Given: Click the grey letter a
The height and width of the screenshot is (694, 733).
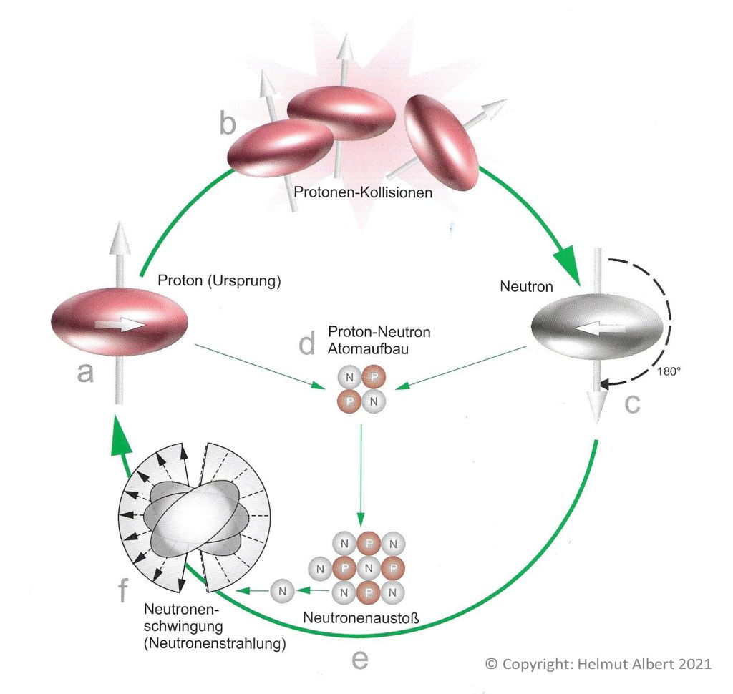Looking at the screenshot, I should pos(86,373).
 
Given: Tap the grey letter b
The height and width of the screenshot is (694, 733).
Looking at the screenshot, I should pos(227,124).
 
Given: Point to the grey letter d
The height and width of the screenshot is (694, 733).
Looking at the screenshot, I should pos(307,346).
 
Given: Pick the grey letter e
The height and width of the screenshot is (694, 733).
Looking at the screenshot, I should pos(360,659).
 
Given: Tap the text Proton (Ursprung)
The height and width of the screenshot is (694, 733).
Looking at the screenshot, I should pos(219,280).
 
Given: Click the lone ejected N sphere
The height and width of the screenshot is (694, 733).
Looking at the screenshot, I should pos(282,591).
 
